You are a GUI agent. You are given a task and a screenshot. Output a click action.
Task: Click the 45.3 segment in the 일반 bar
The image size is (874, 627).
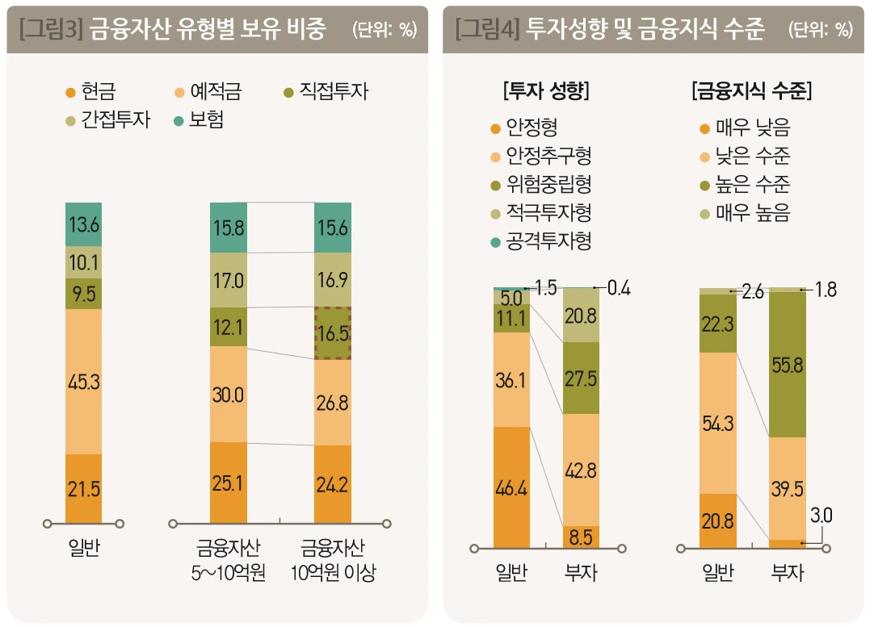tap(84, 382)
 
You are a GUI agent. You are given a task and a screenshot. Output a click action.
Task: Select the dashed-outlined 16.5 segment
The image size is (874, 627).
tap(332, 333)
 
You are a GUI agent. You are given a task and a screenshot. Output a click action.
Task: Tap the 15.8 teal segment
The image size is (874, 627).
tap(228, 228)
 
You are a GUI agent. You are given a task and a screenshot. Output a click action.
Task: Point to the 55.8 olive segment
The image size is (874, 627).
tap(788, 364)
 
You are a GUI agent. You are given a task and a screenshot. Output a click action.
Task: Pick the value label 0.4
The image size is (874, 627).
tap(618, 287)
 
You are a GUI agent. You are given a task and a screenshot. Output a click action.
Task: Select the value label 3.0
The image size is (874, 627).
tap(821, 515)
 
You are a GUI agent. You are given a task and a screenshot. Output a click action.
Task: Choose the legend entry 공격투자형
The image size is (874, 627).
tap(540, 242)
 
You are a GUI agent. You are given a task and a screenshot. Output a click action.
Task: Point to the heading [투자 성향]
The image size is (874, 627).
tap(546, 90)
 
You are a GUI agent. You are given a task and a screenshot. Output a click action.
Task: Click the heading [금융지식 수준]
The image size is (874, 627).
tap(751, 90)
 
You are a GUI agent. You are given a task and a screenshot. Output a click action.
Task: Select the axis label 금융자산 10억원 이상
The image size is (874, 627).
tap(332, 560)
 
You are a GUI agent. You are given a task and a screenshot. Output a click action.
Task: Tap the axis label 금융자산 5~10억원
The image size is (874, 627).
tap(229, 560)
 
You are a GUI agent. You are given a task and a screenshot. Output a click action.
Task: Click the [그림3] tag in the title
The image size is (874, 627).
tap(52, 30)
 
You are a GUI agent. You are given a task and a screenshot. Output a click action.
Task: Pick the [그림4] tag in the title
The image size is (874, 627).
tap(487, 30)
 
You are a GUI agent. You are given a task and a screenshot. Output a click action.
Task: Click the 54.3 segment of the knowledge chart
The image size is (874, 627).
tap(718, 423)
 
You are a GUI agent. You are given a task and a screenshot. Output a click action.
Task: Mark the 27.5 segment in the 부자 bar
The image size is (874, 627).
tap(582, 378)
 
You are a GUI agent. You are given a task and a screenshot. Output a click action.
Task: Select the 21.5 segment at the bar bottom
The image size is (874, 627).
tap(84, 489)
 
